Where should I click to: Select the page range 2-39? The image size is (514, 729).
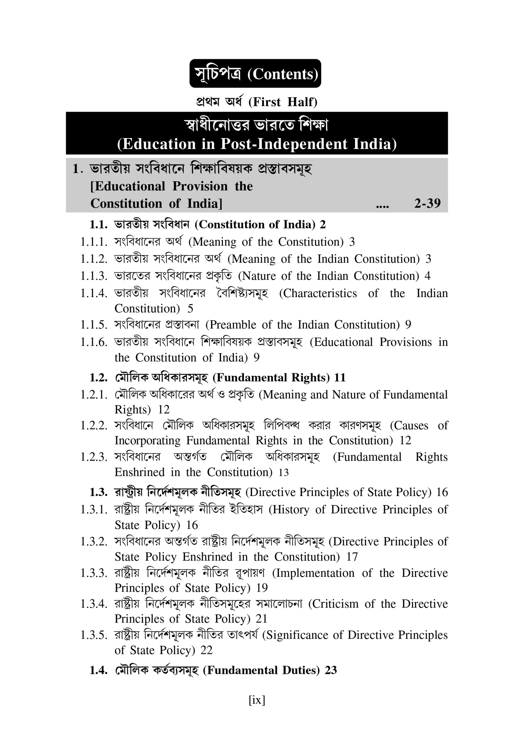point(427,203)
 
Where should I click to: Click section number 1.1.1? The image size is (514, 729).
point(94,242)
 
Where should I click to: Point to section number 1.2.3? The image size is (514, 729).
point(94,457)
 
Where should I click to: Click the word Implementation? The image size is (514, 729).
point(316,573)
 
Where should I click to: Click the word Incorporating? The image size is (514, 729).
point(147,441)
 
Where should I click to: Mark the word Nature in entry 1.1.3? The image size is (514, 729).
point(259,276)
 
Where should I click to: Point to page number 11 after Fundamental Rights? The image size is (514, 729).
point(340,378)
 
